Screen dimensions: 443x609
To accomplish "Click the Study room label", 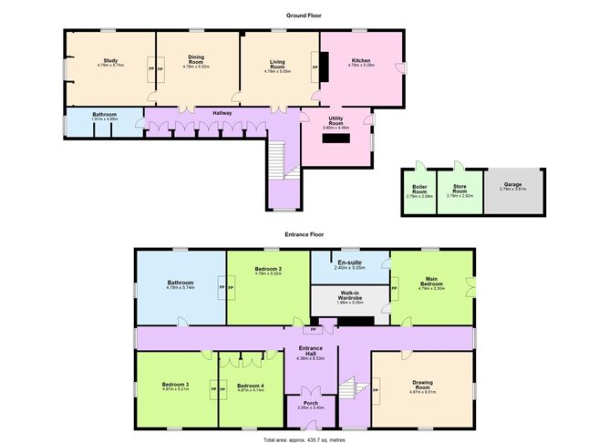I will (109, 61).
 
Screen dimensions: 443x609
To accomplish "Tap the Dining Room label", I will (196, 59).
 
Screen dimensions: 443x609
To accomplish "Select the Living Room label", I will (277, 64).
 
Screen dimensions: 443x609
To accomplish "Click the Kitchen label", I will (360, 61).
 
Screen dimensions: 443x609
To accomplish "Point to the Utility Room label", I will (336, 121).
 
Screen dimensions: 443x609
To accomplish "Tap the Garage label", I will (513, 185).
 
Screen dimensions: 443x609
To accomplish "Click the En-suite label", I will (350, 263).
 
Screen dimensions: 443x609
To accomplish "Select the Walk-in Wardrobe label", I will (350, 295).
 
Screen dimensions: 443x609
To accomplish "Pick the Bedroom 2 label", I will (267, 270).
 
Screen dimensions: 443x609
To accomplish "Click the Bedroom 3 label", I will (176, 386).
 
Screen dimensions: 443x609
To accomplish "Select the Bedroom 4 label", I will (250, 386).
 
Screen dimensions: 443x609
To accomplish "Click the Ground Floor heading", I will (304, 15).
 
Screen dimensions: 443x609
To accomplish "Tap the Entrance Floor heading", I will (304, 234).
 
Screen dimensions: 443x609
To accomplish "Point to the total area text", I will (304, 438).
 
